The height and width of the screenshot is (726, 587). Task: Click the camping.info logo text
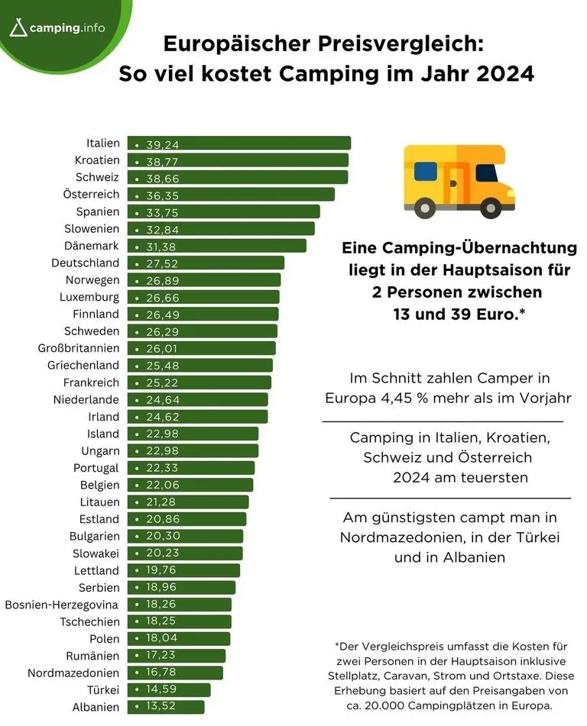67,27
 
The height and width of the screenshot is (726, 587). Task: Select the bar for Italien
239,143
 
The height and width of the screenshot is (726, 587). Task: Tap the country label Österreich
92,195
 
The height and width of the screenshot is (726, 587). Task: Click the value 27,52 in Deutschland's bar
163,263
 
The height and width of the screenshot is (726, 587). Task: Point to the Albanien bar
166,707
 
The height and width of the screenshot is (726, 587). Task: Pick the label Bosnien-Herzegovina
62,605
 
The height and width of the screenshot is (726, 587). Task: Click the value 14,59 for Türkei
161,689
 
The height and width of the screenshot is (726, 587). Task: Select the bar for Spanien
223,211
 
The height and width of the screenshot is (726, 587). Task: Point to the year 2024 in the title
505,73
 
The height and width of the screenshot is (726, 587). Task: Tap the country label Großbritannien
79,348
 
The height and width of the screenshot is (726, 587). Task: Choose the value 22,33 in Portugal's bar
162,468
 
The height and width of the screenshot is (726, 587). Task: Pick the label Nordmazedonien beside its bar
73,673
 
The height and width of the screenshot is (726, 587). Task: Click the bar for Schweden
203,331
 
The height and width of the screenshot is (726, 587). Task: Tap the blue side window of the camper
425,171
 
